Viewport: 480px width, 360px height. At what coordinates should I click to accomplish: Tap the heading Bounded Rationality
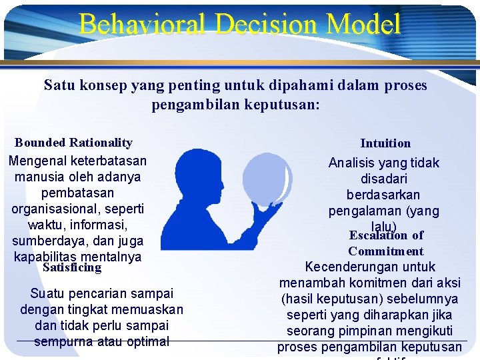pyautogui.click(x=73, y=142)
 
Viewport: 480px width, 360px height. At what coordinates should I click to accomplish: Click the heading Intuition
pyautogui.click(x=385, y=143)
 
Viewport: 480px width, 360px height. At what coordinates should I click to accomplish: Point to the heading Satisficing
pyautogui.click(x=71, y=267)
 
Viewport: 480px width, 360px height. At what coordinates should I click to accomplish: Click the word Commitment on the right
pyautogui.click(x=385, y=251)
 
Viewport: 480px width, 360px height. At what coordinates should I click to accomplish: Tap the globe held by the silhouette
pyautogui.click(x=267, y=177)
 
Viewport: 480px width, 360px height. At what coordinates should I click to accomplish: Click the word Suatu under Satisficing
pyautogui.click(x=46, y=293)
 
